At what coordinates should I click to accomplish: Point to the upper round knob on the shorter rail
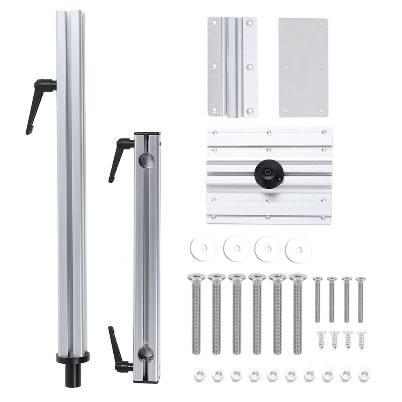(x=147, y=160)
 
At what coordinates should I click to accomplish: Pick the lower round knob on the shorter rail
(x=146, y=354)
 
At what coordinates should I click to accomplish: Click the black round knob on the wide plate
(x=269, y=173)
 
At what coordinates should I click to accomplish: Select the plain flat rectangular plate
(x=303, y=67)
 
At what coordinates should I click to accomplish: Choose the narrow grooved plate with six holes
(x=232, y=67)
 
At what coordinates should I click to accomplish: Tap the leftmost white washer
(x=203, y=248)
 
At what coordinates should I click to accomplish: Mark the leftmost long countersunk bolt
(x=196, y=313)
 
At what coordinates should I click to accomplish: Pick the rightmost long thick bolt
(x=298, y=313)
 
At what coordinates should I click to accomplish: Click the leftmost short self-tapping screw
(x=321, y=339)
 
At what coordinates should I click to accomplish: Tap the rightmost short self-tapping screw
(x=361, y=339)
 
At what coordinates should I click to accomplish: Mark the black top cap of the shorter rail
(x=147, y=133)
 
